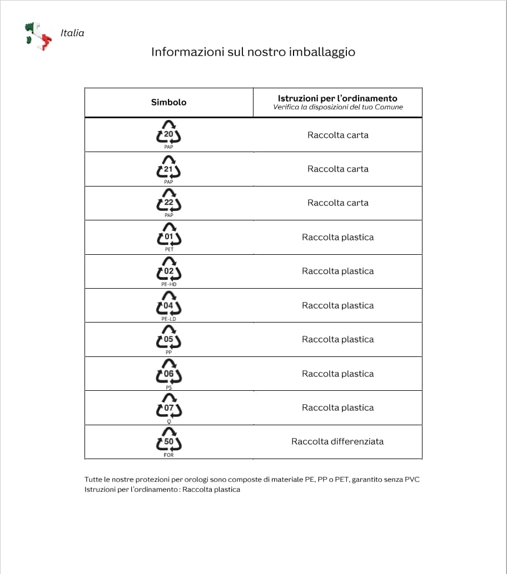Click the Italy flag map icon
coord(38,36)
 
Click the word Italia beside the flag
coord(72,33)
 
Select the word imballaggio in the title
coord(322,52)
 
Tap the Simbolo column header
coord(168,102)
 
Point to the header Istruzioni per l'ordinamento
coord(337,98)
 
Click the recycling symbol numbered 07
coord(168,406)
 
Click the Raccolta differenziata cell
coord(337,442)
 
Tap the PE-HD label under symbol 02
coord(169,284)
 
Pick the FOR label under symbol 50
coord(168,455)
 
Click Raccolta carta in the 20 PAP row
coord(337,135)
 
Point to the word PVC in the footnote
coord(412,479)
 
